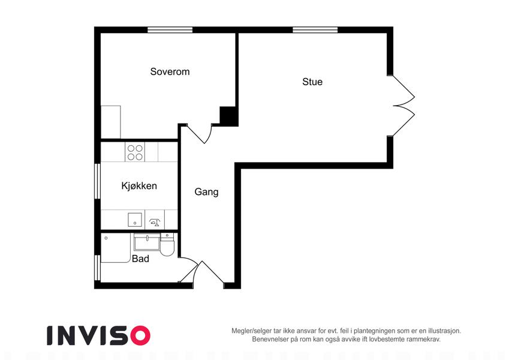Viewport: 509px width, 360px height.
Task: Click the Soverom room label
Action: (x=170, y=71)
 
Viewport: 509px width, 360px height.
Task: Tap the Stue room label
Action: (x=312, y=82)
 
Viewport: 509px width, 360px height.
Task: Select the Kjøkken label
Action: (x=139, y=186)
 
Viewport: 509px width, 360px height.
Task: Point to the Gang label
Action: (x=206, y=191)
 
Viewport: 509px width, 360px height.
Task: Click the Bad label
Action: (x=140, y=259)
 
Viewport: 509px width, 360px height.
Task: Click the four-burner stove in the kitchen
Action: (x=135, y=152)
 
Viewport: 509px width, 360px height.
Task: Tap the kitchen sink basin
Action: (x=135, y=220)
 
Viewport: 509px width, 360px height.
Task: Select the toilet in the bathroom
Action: (x=167, y=245)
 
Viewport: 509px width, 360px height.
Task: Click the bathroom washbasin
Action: (x=147, y=242)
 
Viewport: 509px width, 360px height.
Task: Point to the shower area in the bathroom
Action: (x=116, y=248)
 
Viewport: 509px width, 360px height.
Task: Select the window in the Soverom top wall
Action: (x=170, y=30)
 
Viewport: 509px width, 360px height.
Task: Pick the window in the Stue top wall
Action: (x=315, y=30)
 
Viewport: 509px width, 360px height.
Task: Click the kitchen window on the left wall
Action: (x=97, y=181)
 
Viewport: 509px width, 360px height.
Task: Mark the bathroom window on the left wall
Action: (x=97, y=268)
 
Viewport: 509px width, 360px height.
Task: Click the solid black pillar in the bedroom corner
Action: (x=228, y=115)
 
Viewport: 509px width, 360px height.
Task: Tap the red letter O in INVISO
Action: (x=140, y=335)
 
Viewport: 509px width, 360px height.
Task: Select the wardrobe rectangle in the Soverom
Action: (x=111, y=122)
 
